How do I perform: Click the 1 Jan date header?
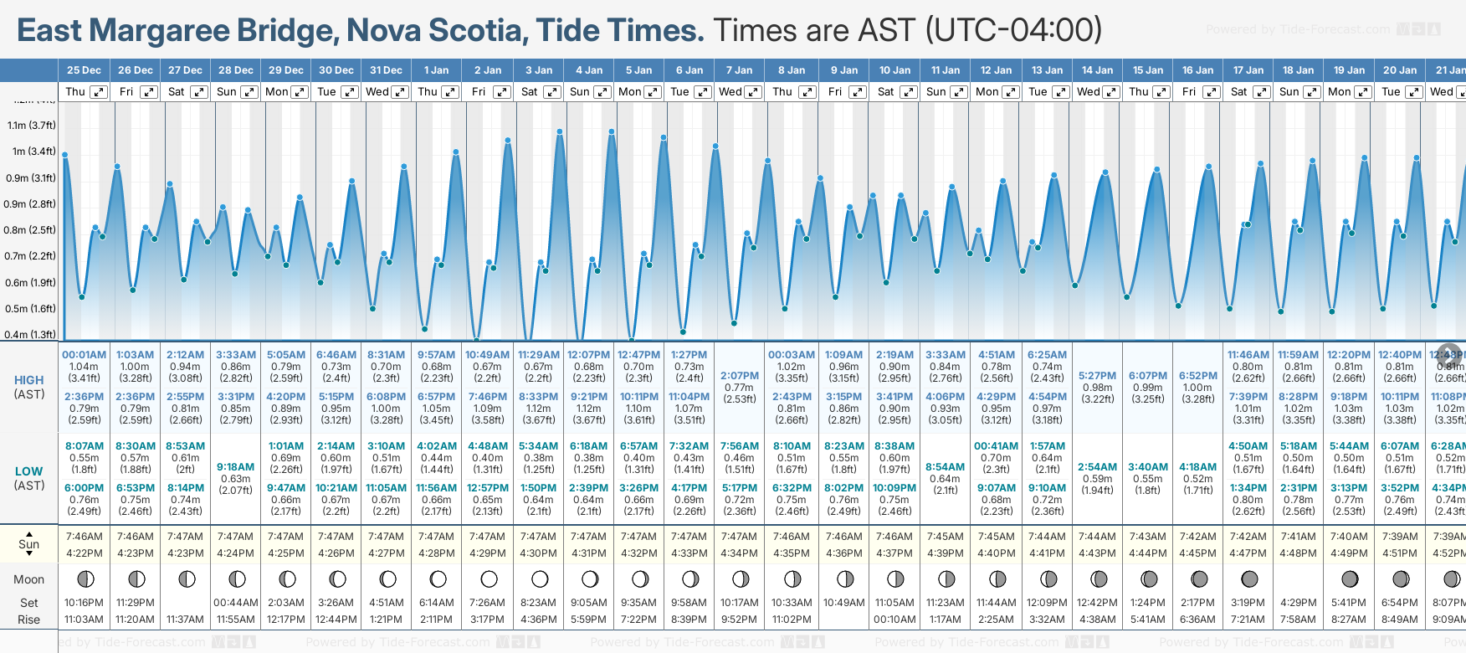[x=436, y=70]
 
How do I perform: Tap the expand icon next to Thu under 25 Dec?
[x=99, y=92]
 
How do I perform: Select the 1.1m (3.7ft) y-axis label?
[x=32, y=126]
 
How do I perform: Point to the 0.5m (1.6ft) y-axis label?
[x=32, y=309]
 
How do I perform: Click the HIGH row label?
[x=29, y=380]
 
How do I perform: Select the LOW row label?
[x=29, y=471]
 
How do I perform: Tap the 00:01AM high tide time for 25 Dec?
[x=85, y=355]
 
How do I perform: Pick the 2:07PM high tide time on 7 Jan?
[x=740, y=376]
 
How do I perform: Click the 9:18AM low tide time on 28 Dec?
[x=235, y=467]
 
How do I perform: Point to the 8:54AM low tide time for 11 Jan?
[x=946, y=467]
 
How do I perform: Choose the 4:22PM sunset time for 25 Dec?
[x=85, y=553]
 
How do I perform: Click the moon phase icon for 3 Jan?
[x=540, y=578]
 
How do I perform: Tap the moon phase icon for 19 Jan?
[x=1350, y=578]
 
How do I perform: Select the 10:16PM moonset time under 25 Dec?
[x=85, y=603]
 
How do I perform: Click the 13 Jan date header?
[x=1048, y=70]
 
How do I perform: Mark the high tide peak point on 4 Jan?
[x=612, y=131]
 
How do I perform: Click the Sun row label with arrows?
[x=29, y=543]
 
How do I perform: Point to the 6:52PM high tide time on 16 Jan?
[x=1198, y=376]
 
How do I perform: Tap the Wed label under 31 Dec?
[x=377, y=92]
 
